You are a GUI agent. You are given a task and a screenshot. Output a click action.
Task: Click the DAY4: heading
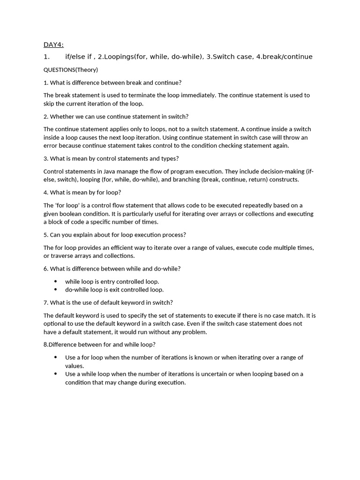[53, 45]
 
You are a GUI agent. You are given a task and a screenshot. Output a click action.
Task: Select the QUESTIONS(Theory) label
[70, 70]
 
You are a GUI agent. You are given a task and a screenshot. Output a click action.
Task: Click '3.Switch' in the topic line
[220, 57]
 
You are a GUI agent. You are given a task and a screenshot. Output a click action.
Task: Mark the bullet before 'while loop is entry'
[55, 282]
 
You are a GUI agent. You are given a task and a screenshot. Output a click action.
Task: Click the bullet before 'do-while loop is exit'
[55, 290]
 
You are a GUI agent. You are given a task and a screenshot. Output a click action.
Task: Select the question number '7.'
[46, 303]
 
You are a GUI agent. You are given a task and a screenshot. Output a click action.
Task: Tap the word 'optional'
[55, 324]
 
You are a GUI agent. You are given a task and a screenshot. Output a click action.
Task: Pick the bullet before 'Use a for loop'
[55, 358]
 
